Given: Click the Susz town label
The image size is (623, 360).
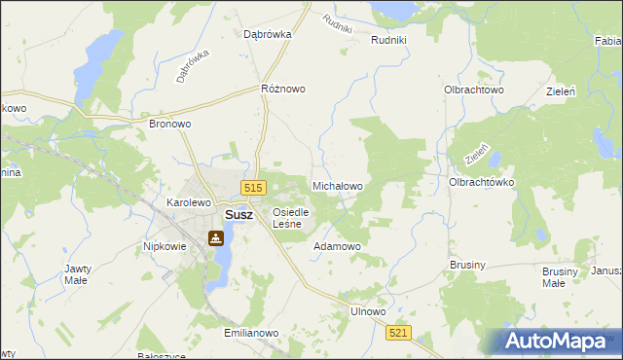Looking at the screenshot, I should click(239, 215).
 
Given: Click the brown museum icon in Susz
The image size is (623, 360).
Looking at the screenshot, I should click(214, 237).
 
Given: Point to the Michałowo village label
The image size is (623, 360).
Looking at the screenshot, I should click(337, 185).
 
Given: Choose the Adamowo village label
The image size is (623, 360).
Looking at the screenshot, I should click(337, 246).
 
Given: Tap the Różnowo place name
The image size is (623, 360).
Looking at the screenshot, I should click(283, 89).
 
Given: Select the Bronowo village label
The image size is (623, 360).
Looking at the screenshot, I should click(168, 125).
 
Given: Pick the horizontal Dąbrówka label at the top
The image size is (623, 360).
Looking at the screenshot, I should click(267, 33).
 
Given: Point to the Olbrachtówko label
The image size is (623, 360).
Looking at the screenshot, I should click(481, 182).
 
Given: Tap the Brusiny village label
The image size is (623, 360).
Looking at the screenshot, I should click(467, 264).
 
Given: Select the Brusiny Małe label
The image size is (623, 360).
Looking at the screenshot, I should click(554, 276).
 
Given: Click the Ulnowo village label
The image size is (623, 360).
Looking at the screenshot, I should click(368, 312).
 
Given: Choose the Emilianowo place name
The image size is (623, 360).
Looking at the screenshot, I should click(251, 333).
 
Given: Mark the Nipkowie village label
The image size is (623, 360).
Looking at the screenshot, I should click(165, 246).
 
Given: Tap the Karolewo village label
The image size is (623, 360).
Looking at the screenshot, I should click(189, 202).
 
